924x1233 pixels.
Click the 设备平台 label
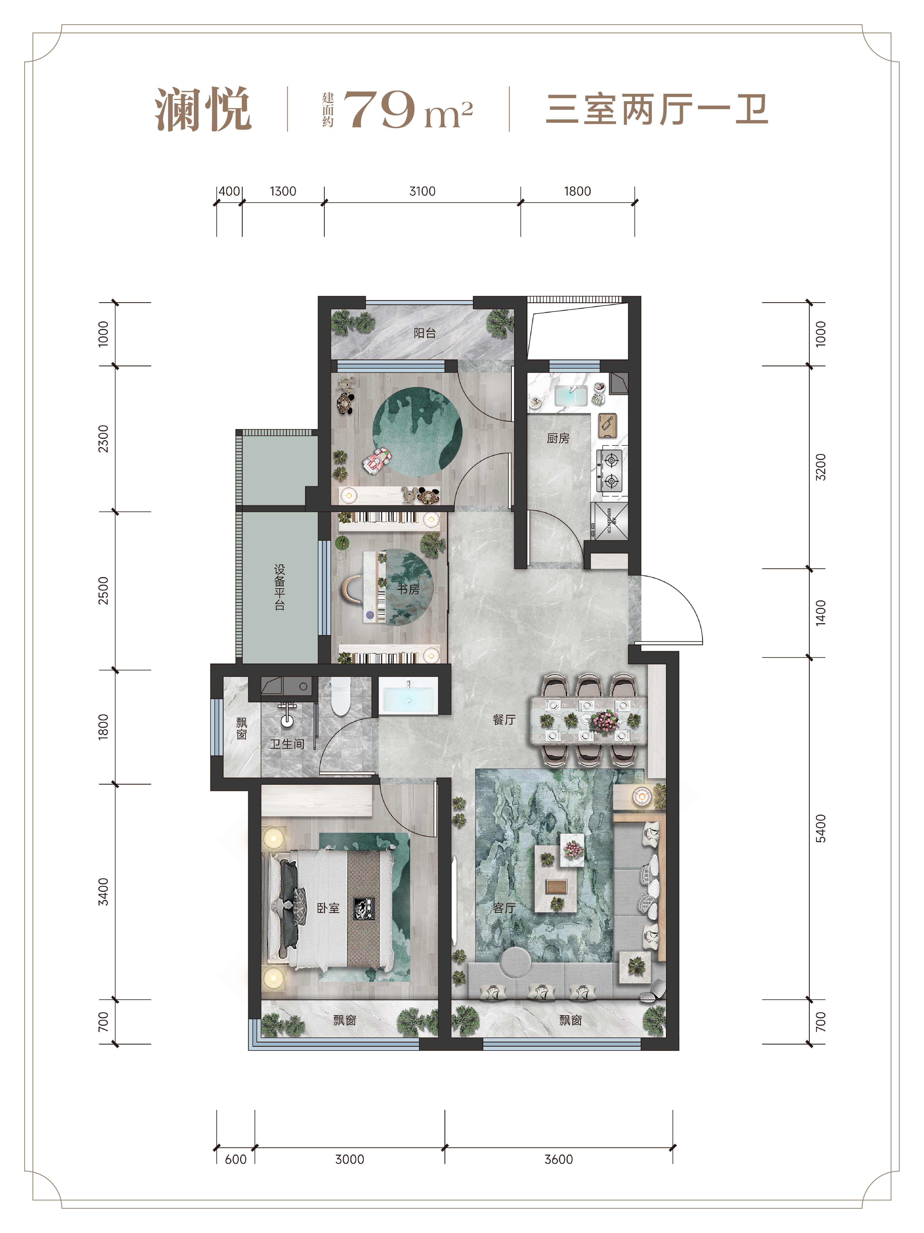(x=280, y=587)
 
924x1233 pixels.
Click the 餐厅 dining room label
(x=504, y=720)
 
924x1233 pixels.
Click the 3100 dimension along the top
(x=422, y=191)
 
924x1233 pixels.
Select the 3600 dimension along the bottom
(x=559, y=1159)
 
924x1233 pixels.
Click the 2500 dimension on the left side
(x=103, y=591)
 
